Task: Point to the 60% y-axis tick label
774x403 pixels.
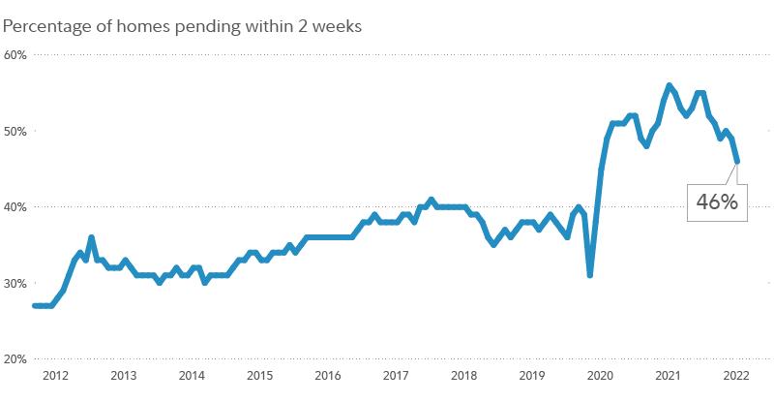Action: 16,54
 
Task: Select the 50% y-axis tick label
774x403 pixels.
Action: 16,131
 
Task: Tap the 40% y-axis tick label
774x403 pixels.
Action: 16,206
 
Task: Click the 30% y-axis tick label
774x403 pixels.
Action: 16,283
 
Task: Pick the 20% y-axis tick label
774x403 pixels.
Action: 16,358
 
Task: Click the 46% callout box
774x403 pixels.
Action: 717,202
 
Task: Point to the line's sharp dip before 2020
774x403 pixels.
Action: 589,275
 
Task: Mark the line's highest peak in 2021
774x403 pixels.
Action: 669,85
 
